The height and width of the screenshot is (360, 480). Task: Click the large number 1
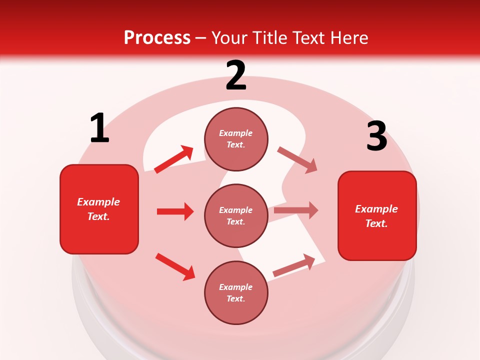99,128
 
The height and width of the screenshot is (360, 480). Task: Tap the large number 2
236,75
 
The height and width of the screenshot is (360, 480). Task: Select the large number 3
376,136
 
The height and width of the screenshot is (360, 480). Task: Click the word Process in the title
157,37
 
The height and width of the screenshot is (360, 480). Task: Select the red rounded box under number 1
99,209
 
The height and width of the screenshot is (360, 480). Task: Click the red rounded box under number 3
377,215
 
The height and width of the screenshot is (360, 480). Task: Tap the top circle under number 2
236,139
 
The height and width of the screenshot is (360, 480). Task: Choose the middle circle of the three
236,215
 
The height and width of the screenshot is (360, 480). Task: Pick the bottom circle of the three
236,292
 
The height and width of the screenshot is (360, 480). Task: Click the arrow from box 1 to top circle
174,159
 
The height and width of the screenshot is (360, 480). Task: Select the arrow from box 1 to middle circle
175,211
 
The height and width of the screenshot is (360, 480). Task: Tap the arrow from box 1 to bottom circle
175,266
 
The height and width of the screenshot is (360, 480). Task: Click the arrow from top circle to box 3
297,159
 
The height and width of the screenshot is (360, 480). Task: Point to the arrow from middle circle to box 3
296,210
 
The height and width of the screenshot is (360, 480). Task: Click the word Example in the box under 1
98,202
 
